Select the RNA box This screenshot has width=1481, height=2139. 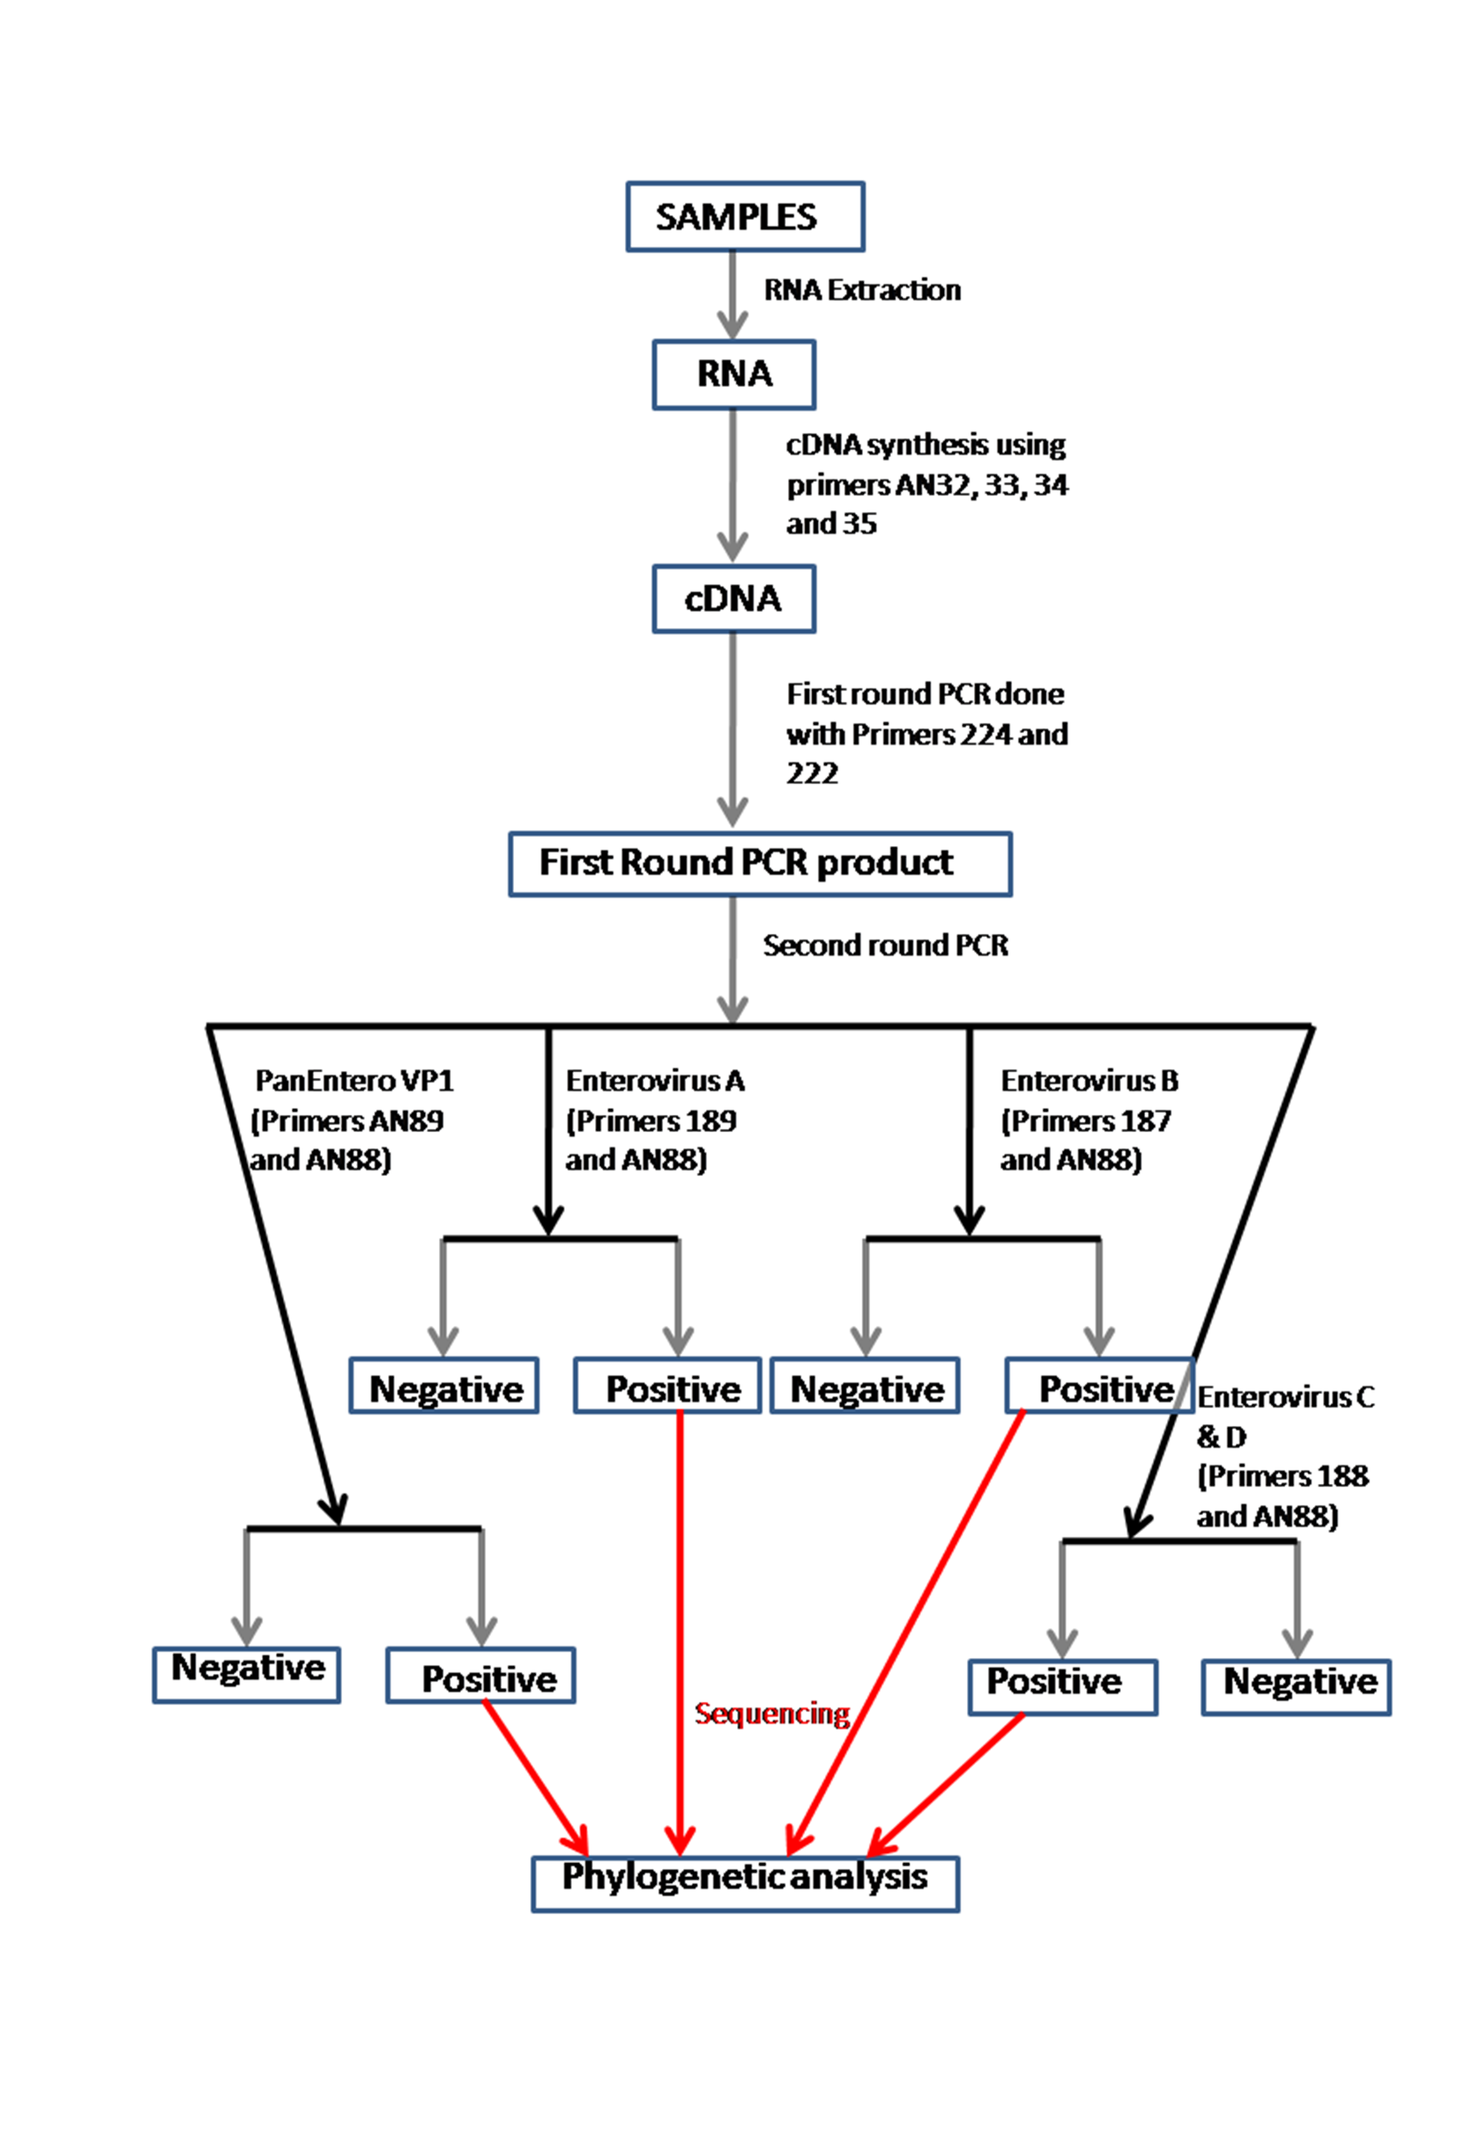(x=734, y=374)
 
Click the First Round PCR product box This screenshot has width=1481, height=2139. (x=760, y=863)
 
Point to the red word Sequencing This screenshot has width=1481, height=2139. (x=772, y=1714)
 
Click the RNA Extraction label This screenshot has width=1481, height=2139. (x=862, y=290)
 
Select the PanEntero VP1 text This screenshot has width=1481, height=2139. (x=355, y=1081)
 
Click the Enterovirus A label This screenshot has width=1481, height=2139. (x=655, y=1081)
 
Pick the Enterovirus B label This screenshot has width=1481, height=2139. (x=1090, y=1081)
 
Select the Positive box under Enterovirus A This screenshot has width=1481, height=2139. (x=668, y=1388)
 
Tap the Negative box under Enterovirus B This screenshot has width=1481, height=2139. (x=864, y=1388)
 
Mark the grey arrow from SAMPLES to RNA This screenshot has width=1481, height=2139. (x=732, y=295)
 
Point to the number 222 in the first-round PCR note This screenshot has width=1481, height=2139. (x=812, y=773)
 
